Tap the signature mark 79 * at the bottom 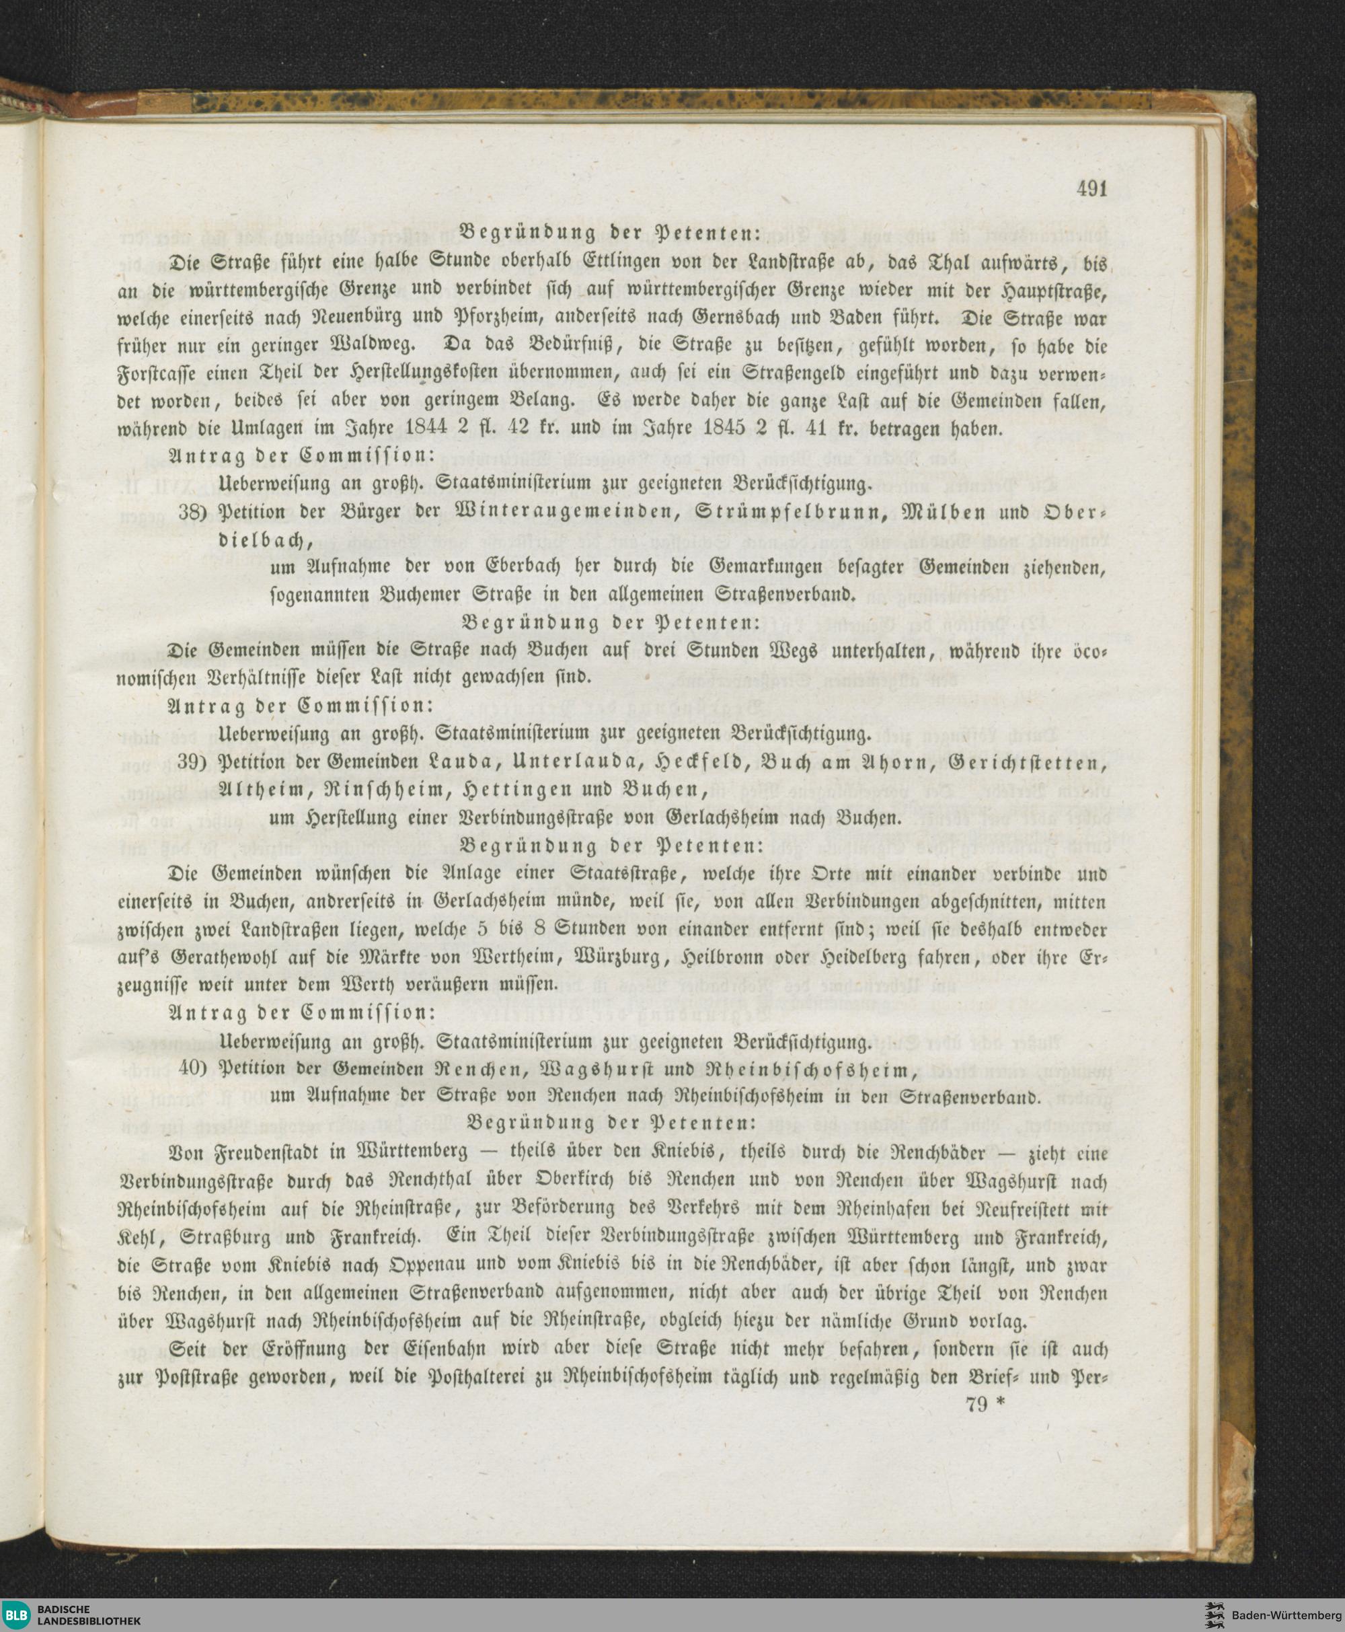click(984, 1403)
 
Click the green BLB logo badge click(17, 1615)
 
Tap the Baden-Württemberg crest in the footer click(1213, 1615)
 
